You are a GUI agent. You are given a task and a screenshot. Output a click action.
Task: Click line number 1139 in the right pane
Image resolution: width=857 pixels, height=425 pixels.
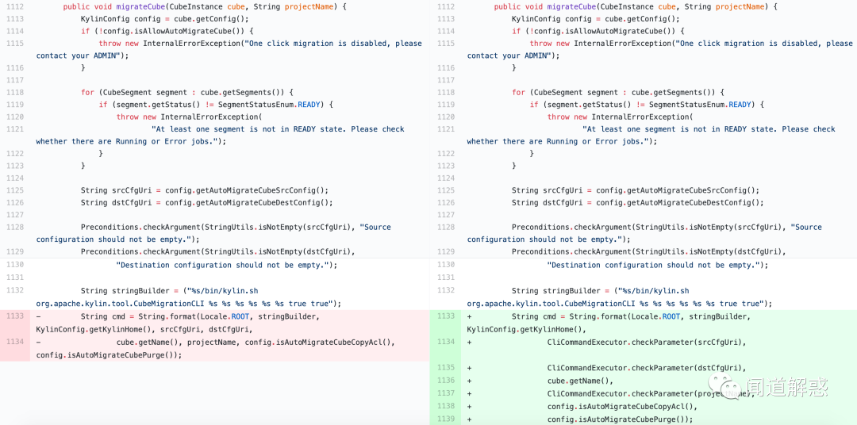pos(447,419)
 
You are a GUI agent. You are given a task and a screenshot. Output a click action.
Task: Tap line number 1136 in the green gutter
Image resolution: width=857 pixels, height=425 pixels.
pos(447,381)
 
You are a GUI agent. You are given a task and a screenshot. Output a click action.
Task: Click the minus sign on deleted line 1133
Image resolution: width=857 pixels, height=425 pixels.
pos(38,317)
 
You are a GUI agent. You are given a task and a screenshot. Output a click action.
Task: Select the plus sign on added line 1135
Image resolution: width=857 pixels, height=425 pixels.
pos(470,368)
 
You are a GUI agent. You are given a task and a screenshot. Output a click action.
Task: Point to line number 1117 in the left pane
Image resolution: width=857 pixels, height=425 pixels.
pos(15,80)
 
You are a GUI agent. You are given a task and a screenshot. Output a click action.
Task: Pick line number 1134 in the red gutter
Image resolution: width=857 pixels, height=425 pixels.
pos(15,342)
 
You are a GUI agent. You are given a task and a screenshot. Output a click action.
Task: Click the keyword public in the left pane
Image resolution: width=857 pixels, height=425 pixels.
pos(76,6)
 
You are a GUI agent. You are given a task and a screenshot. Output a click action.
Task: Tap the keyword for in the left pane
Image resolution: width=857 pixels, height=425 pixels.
pos(87,92)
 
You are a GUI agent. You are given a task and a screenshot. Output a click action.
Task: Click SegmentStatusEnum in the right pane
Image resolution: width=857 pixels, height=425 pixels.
pos(690,105)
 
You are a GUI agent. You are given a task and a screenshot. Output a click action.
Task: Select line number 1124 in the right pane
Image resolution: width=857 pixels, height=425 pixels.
pos(447,178)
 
